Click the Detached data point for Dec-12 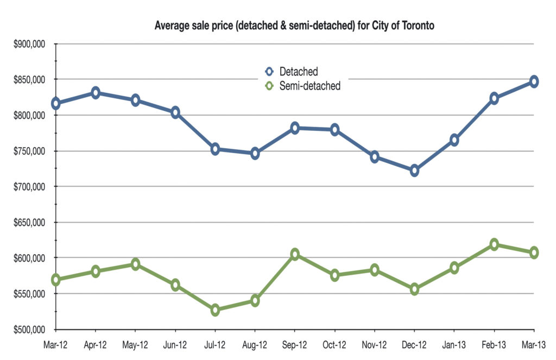point(414,171)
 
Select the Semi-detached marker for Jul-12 point(215,310)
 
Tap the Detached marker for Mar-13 point(534,81)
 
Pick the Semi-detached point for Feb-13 point(494,244)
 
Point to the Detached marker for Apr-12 point(96,92)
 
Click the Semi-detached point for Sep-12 point(295,254)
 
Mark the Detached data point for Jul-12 point(215,149)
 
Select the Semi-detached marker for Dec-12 point(414,289)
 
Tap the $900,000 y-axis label point(29,44)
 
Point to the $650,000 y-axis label point(29,223)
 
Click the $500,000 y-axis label point(29,330)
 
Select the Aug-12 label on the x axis point(255,345)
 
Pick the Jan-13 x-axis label point(454,345)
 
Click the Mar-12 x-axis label point(56,345)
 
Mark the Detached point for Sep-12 point(295,128)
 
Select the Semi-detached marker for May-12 point(135,264)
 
